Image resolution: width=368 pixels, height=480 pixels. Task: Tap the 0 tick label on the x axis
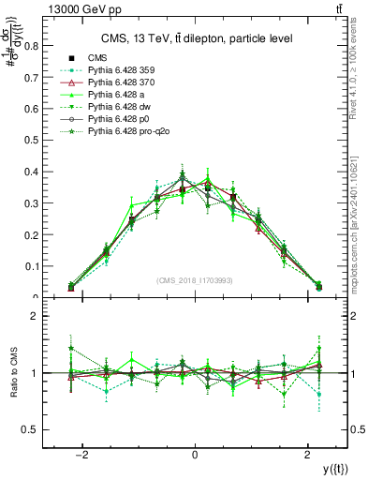point(195,455)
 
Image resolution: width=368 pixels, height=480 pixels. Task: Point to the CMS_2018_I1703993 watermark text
point(194,281)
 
